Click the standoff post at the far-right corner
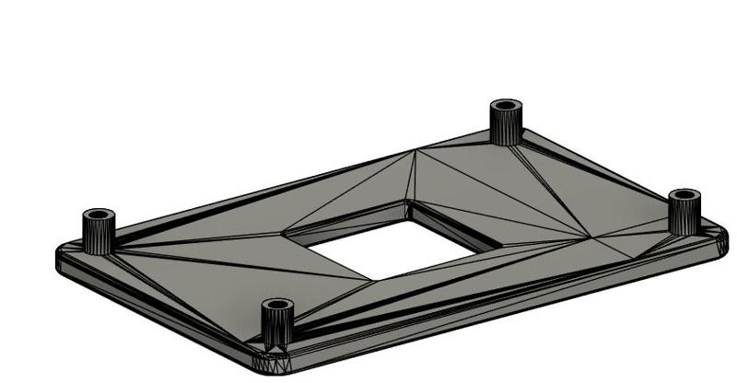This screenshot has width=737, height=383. [684, 212]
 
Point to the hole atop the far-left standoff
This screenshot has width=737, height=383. [99, 216]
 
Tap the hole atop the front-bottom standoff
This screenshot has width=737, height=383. [276, 305]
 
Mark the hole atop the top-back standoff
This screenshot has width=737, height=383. [505, 105]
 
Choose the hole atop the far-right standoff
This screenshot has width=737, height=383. [684, 195]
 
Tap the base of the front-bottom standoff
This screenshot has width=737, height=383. [276, 342]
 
